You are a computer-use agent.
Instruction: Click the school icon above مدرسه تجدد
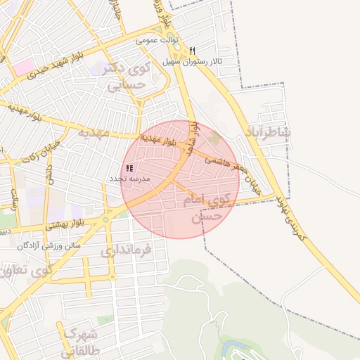coord(129,169)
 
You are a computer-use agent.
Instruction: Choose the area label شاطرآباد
coord(269,133)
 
